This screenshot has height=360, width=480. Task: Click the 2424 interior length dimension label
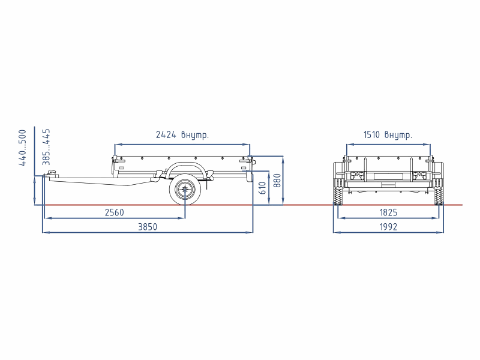[182, 134]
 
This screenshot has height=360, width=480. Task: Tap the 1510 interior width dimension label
[388, 134]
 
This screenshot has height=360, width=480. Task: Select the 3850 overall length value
[148, 227]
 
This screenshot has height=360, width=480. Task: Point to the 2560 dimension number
[115, 212]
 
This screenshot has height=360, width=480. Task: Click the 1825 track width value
[388, 212]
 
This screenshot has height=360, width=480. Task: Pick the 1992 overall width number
[388, 227]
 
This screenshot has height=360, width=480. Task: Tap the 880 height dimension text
[277, 181]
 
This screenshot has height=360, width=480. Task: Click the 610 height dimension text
[263, 188]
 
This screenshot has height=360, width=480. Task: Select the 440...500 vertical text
[23, 148]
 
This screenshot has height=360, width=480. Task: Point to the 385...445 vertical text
[46, 147]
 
